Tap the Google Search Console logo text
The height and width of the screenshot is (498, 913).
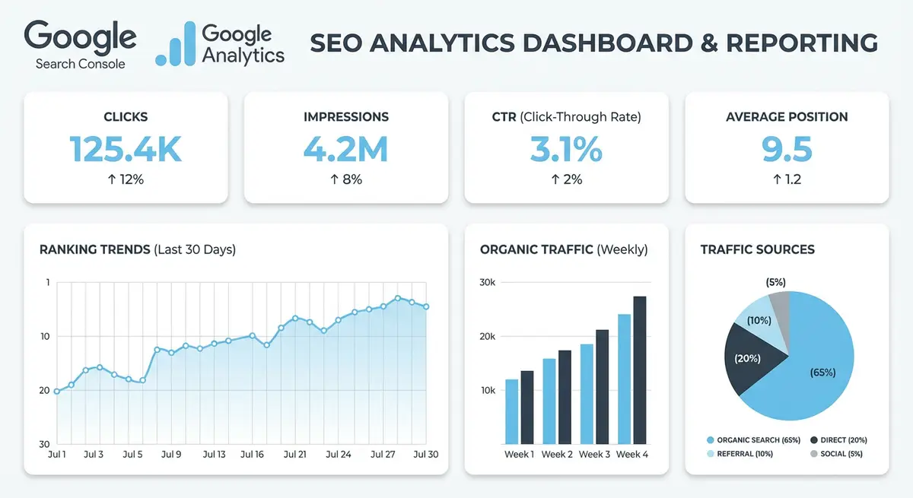point(80,45)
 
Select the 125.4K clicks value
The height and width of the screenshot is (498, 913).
point(126,149)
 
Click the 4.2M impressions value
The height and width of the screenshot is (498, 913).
point(345,149)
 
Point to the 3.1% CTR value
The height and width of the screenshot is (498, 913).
point(566,149)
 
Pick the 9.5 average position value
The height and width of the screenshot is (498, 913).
point(787,149)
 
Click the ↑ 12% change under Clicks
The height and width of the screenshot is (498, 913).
point(126,180)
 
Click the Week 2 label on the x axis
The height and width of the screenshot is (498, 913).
point(557,455)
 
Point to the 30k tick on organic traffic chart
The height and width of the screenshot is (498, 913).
point(487,282)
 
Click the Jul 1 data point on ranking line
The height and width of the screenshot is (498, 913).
point(57,392)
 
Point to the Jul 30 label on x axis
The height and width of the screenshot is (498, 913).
point(426,455)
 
